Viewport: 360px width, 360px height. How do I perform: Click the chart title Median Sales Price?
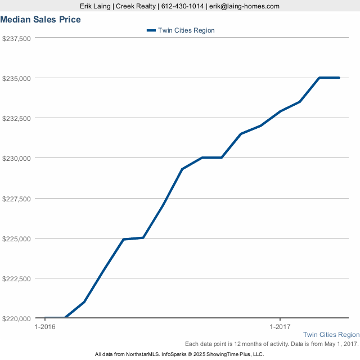tap(40, 20)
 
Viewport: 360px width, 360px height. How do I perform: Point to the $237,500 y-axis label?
tap(16, 38)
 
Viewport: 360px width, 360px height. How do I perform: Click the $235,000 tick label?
tap(16, 78)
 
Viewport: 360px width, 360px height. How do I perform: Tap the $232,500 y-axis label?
tap(16, 118)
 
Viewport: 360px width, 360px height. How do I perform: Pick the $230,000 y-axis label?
tap(16, 158)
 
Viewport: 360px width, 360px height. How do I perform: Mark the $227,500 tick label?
tap(16, 198)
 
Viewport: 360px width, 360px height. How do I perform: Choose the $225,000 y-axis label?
tap(16, 238)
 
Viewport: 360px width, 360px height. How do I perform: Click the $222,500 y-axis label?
tap(16, 278)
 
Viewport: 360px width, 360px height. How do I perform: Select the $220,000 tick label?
tap(16, 318)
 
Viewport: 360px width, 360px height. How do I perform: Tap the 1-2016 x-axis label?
tap(45, 327)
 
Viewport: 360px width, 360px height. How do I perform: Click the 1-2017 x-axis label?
tap(280, 327)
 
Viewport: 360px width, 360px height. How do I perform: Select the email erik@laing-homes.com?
tap(245, 6)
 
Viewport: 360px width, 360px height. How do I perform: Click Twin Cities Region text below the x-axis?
tap(331, 335)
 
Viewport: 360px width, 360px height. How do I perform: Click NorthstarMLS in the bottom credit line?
tap(140, 354)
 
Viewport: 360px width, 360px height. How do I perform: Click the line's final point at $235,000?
tap(339, 78)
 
